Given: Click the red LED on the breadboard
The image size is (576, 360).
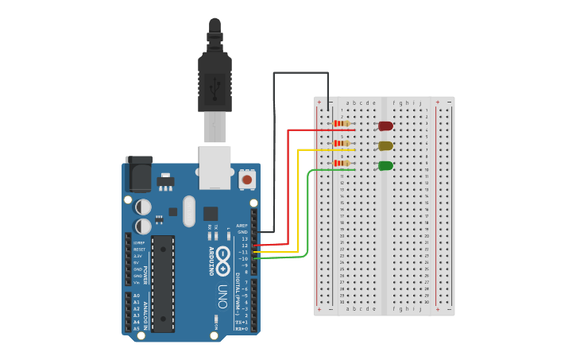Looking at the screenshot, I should [385, 126].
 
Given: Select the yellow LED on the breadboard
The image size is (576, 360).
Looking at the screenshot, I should [385, 145].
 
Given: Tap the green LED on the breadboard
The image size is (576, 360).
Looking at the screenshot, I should [385, 165].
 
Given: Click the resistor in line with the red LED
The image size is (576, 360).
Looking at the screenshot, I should [342, 123].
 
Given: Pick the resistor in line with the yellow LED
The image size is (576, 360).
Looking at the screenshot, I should [342, 143].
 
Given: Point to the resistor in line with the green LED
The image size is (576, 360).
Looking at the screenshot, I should [342, 163].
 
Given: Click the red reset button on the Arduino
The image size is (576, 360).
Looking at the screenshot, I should [246, 180].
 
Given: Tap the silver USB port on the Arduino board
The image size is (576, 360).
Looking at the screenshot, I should [215, 166].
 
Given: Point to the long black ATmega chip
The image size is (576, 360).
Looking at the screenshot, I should [163, 283].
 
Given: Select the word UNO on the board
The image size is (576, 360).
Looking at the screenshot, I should [223, 296].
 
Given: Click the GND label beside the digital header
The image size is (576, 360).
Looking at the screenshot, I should [243, 232].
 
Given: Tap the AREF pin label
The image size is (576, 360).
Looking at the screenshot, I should [242, 226].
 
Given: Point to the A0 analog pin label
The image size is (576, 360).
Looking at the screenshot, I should [137, 296].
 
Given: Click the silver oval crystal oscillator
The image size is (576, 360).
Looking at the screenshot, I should [188, 211].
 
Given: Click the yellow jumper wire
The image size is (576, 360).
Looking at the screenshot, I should [299, 199].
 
